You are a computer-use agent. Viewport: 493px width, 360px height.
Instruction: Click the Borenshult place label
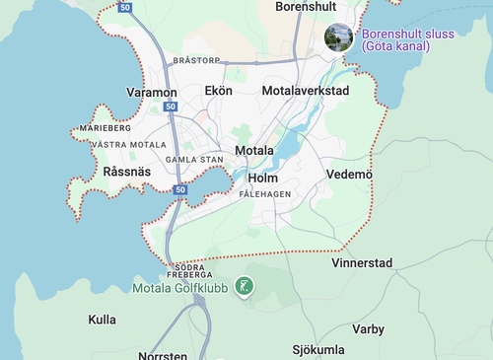[307, 6]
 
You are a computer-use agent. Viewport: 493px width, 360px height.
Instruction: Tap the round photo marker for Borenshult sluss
[339, 37]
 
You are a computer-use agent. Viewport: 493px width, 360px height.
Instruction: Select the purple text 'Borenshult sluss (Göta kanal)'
[407, 39]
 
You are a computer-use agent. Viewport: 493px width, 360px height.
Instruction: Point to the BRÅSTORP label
[196, 60]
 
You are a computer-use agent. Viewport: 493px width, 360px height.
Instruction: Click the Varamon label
[152, 92]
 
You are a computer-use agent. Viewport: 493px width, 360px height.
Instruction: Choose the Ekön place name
[218, 91]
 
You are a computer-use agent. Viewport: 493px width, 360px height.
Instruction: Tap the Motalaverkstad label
[306, 91]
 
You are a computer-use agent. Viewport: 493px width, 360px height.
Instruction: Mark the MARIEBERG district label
[106, 128]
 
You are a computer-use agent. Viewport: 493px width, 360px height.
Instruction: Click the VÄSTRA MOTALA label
[128, 145]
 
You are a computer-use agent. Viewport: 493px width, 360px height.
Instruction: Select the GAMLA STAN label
[194, 159]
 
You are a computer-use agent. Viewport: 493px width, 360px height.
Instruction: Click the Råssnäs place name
[126, 172]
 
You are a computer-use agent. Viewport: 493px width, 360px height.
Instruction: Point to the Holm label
[263, 179]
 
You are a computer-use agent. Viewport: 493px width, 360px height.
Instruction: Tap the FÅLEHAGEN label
[265, 194]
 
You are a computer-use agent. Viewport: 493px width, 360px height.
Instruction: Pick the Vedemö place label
[349, 175]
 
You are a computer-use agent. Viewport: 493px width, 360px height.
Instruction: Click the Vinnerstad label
[362, 263]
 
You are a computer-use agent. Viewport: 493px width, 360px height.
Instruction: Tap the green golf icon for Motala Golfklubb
[244, 288]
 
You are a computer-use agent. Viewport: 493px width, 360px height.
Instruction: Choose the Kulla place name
[102, 320]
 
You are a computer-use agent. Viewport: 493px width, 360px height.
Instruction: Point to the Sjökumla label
[318, 350]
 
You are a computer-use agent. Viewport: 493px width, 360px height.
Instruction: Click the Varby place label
[368, 329]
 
